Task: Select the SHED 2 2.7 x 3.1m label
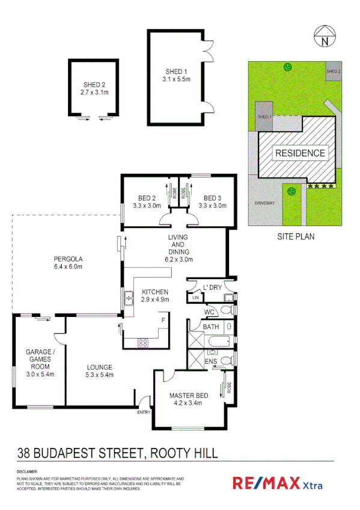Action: (x=94, y=89)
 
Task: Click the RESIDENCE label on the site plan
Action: (x=300, y=153)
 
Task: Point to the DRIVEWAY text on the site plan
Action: (x=264, y=203)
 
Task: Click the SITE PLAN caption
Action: (x=294, y=236)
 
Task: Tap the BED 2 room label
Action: (x=146, y=202)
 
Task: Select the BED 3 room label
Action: (x=212, y=202)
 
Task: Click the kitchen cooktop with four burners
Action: (x=144, y=343)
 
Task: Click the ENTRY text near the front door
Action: (x=144, y=413)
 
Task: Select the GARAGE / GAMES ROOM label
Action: (x=40, y=363)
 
